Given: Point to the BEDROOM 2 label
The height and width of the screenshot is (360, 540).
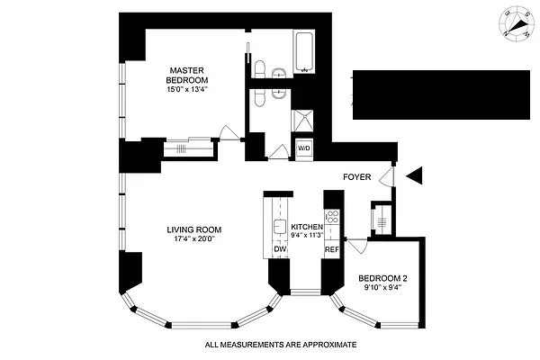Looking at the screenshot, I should tap(384, 278).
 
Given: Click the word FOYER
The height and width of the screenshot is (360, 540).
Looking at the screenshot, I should tap(358, 178).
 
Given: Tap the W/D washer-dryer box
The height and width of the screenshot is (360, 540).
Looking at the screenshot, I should tap(303, 148).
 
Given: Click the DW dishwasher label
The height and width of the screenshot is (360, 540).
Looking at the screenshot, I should tap(279, 250).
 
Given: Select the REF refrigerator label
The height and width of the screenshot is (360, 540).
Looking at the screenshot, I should tap(331, 249).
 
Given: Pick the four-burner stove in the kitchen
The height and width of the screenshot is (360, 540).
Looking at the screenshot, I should tap(331, 218).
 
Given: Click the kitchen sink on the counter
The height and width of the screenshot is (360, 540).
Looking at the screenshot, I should tap(278, 214).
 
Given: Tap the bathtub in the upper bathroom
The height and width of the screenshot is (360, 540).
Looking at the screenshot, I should tap(305, 50).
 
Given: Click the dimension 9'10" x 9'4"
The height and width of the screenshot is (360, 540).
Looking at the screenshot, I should tap(384, 289).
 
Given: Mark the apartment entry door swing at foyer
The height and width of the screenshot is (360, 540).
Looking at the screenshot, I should tap(387, 175).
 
